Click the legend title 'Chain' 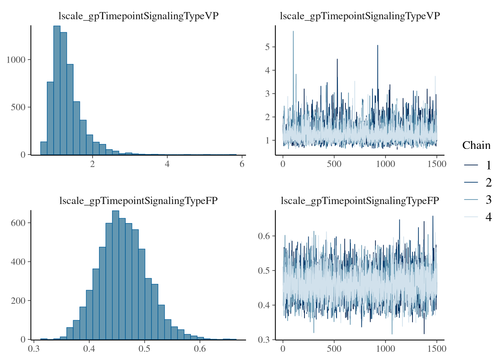[476, 145]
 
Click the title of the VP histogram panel [138, 16]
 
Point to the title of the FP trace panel [360, 201]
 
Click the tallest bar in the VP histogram [57, 90]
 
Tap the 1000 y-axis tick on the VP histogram [16, 60]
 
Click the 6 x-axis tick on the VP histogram [242, 164]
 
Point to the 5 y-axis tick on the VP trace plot [267, 47]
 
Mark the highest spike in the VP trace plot [293, 32]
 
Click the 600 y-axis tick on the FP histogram [18, 223]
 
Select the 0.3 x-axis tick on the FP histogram [34, 349]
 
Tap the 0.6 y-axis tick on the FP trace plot [264, 236]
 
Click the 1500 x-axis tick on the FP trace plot [437, 349]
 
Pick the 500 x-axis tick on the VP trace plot [334, 164]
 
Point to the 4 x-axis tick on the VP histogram [167, 164]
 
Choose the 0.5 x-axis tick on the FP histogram [144, 349]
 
